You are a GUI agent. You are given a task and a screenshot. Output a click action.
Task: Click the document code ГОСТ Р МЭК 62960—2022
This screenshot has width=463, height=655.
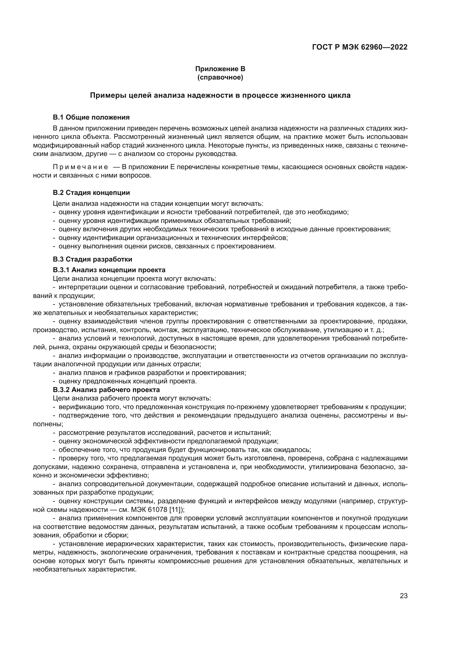360,47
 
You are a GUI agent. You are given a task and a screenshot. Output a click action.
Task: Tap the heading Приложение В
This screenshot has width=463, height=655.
220,69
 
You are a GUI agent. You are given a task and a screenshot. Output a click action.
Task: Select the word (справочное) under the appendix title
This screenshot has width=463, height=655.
220,77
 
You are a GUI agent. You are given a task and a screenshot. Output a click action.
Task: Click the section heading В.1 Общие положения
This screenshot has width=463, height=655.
91,117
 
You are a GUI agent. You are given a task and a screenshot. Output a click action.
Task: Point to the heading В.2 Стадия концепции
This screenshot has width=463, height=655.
91,193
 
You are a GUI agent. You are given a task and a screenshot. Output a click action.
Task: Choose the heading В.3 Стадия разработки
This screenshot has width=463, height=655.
92,259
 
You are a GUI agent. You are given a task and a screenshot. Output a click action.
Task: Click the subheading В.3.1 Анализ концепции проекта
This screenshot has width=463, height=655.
109,270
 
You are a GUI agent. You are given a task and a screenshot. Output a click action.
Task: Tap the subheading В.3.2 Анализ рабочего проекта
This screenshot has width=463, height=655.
106,390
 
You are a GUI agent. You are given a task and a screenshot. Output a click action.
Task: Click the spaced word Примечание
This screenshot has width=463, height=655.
80,167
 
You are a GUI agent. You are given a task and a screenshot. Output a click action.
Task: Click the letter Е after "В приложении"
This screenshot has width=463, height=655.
172,167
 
